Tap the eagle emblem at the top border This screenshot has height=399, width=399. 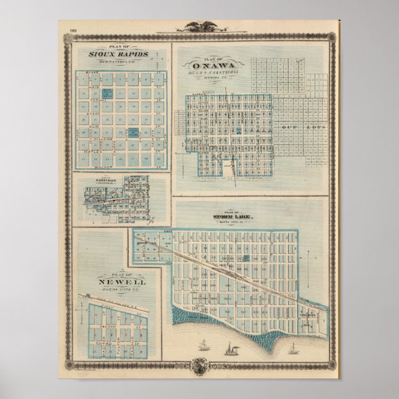pyautogui.click(x=199, y=27)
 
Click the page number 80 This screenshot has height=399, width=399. pyautogui.click(x=72, y=30)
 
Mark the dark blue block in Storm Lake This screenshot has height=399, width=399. pyautogui.click(x=245, y=256)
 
